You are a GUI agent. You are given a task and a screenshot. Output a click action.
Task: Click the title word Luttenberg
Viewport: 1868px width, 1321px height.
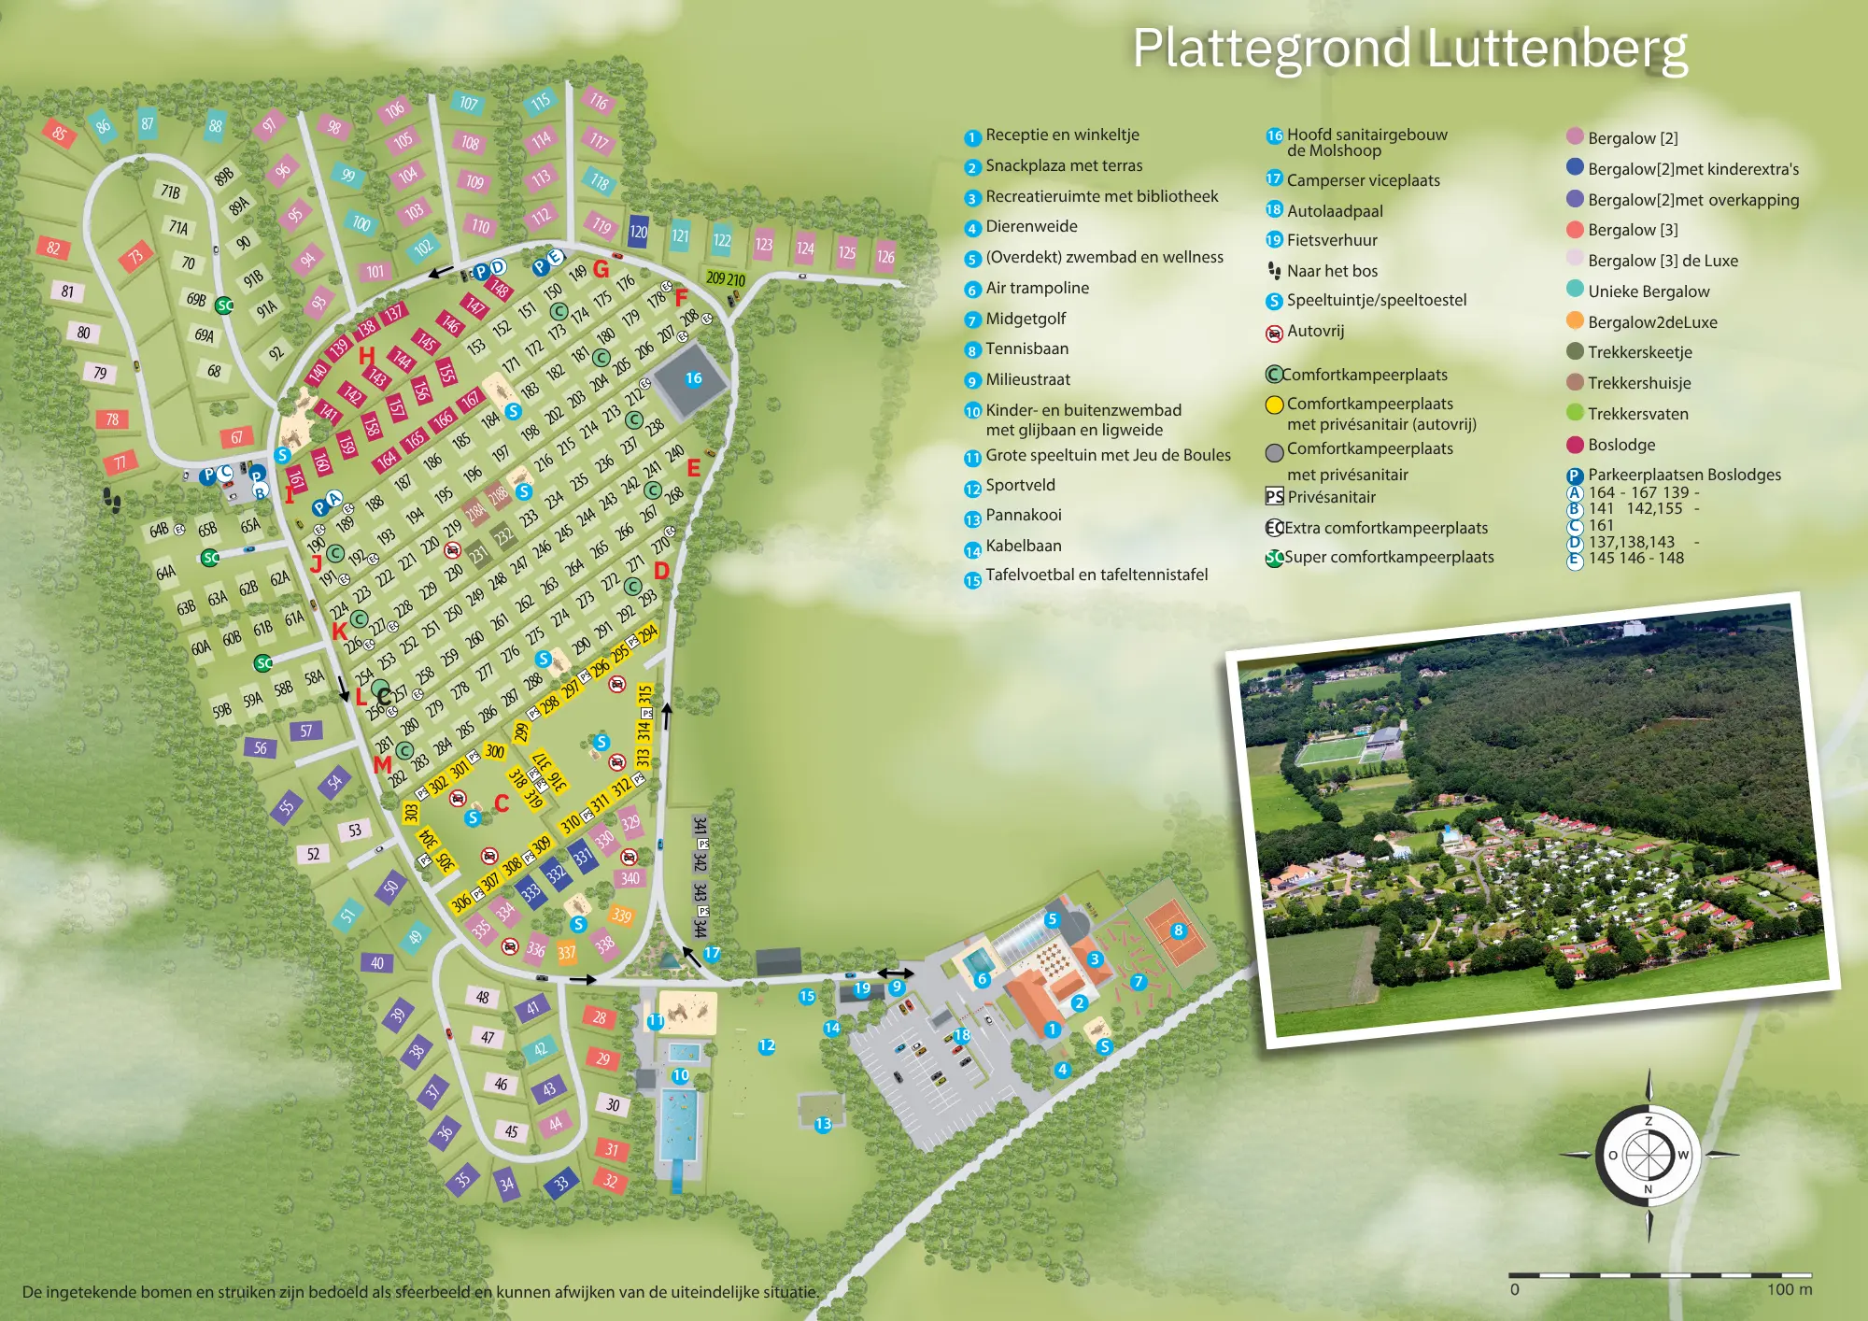pos(1557,49)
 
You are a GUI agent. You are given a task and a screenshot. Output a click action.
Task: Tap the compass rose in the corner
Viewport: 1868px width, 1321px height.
pos(1649,1156)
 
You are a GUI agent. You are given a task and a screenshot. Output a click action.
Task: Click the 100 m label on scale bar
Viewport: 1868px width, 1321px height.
pos(1789,1289)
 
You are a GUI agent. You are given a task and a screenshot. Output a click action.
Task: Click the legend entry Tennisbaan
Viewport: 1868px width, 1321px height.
pos(1026,348)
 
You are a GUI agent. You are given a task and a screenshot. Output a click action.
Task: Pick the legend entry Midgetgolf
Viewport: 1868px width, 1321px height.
pos(1026,319)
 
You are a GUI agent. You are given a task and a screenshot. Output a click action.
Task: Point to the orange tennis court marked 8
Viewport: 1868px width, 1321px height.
pos(1178,930)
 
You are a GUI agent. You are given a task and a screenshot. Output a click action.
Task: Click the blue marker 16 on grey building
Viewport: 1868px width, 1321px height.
pos(693,378)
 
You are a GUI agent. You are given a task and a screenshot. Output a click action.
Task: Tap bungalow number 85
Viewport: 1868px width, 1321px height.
pos(59,134)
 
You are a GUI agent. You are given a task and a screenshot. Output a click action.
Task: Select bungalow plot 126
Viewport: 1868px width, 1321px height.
pos(885,256)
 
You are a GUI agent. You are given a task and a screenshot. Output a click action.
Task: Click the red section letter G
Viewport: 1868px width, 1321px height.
pos(601,270)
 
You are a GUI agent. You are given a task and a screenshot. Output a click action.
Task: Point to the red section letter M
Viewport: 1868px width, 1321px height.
pos(382,765)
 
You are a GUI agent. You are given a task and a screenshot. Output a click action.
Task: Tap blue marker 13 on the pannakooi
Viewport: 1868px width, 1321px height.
pos(823,1124)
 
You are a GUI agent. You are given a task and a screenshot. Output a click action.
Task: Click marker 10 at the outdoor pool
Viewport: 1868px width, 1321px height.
pos(681,1075)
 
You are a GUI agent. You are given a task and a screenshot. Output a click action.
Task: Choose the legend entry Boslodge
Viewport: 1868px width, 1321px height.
pos(1621,445)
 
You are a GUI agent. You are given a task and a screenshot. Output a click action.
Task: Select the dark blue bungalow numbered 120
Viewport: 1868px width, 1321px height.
pos(638,232)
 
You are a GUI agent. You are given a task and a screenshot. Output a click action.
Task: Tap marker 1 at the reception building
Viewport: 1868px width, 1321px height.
pos(1053,1030)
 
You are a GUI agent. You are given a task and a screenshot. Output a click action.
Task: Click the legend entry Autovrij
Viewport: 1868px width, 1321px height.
pos(1315,331)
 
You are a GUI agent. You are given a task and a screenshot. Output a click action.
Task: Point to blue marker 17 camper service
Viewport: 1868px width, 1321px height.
pos(712,953)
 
